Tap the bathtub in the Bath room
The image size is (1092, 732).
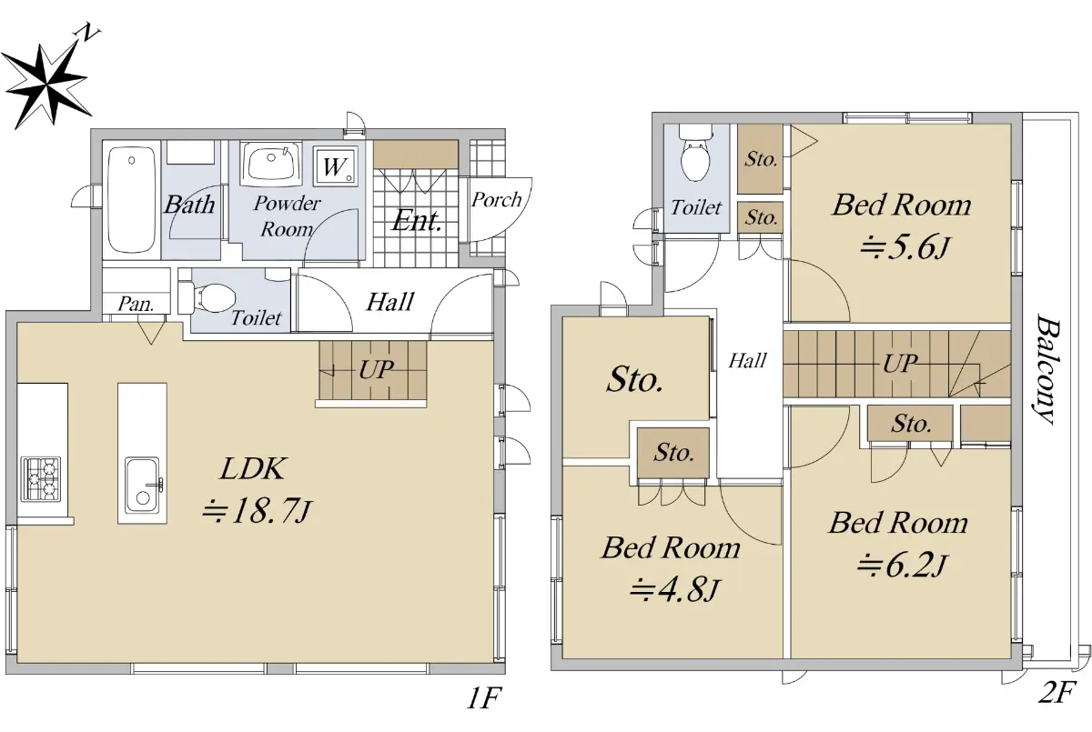tap(132, 199)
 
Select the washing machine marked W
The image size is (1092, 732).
tap(335, 166)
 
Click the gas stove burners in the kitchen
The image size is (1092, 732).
tap(40, 479)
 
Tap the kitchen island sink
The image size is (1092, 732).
tap(142, 485)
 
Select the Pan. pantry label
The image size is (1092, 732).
tap(136, 305)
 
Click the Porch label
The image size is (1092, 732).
tap(496, 200)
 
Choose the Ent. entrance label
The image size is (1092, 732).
tap(418, 221)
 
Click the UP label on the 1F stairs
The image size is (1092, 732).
tap(377, 370)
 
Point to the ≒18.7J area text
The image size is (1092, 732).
tap(257, 512)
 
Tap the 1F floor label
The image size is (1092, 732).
tap(483, 698)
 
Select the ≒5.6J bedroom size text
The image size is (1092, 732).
tap(904, 248)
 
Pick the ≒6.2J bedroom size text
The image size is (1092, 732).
tap(902, 566)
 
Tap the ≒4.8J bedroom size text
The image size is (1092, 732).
tap(674, 590)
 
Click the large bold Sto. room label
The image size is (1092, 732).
tap(635, 379)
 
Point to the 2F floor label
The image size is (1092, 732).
tap(1057, 692)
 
